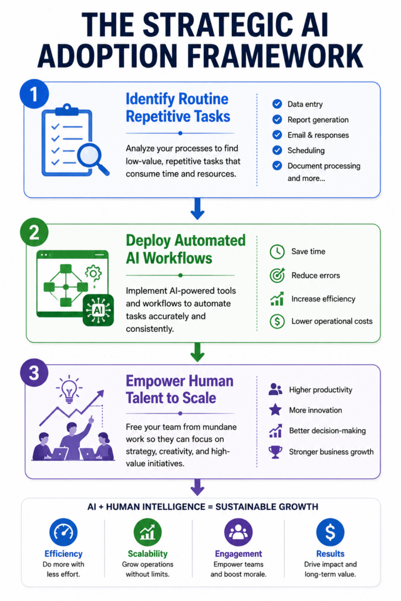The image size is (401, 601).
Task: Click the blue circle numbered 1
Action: click(x=34, y=94)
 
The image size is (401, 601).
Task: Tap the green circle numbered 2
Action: click(x=34, y=232)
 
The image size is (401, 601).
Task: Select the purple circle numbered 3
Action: click(x=34, y=373)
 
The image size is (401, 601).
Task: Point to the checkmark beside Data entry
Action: click(x=277, y=104)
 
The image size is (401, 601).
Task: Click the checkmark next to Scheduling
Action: click(x=277, y=150)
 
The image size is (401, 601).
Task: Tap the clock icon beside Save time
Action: click(x=277, y=252)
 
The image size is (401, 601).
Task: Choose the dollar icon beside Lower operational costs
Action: click(x=277, y=321)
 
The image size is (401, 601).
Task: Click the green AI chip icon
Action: click(x=99, y=310)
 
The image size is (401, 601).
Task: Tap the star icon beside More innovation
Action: click(x=275, y=410)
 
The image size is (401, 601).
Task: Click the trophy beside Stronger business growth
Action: click(x=275, y=452)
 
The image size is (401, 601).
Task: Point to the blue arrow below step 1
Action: click(x=197, y=208)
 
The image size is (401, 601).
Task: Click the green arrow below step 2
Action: click(x=197, y=352)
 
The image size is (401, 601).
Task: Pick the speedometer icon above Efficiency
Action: click(x=63, y=532)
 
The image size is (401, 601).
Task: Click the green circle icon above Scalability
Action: click(x=147, y=532)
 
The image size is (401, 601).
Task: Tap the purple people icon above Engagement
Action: click(x=238, y=532)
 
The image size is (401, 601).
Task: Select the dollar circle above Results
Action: click(x=330, y=532)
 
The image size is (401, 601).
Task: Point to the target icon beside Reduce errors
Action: click(x=277, y=275)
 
